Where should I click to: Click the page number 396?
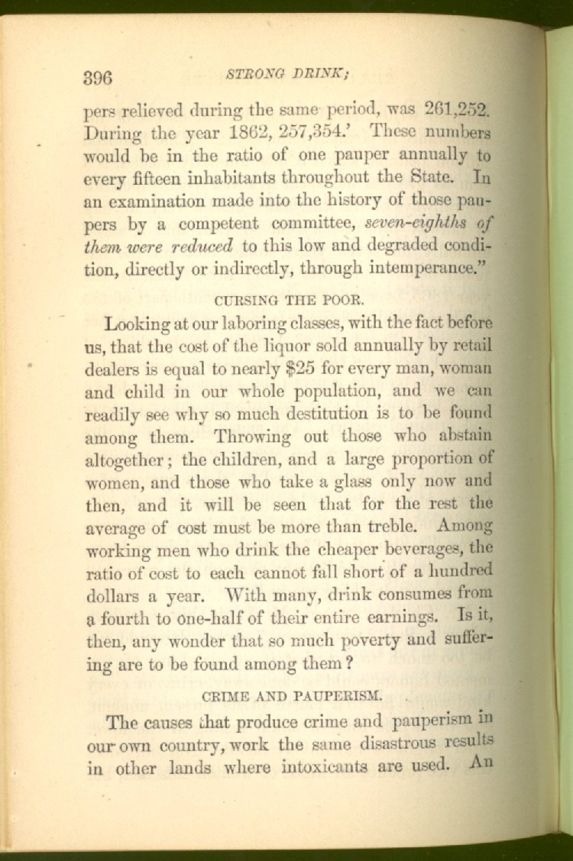tap(97, 77)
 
